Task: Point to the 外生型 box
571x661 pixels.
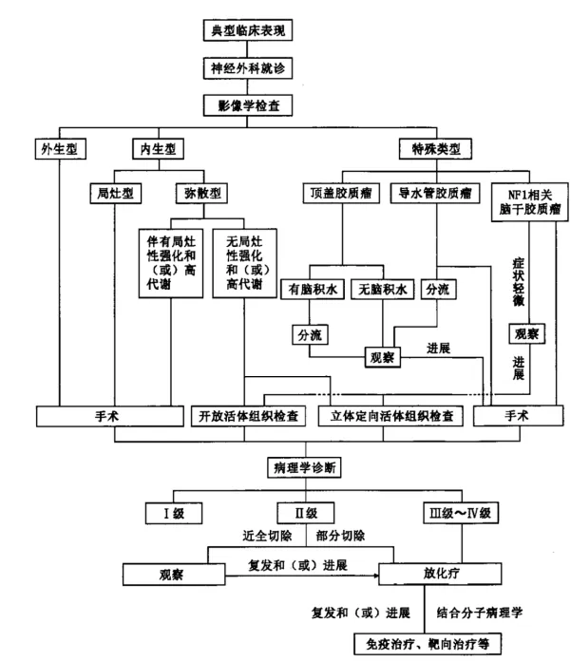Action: (58, 148)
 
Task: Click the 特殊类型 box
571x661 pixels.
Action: (433, 148)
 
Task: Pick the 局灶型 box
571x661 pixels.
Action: (114, 193)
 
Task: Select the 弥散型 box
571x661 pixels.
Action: (202, 193)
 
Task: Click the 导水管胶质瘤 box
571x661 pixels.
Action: (435, 193)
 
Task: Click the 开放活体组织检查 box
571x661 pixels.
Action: (248, 415)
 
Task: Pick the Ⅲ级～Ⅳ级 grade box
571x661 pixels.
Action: (457, 514)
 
